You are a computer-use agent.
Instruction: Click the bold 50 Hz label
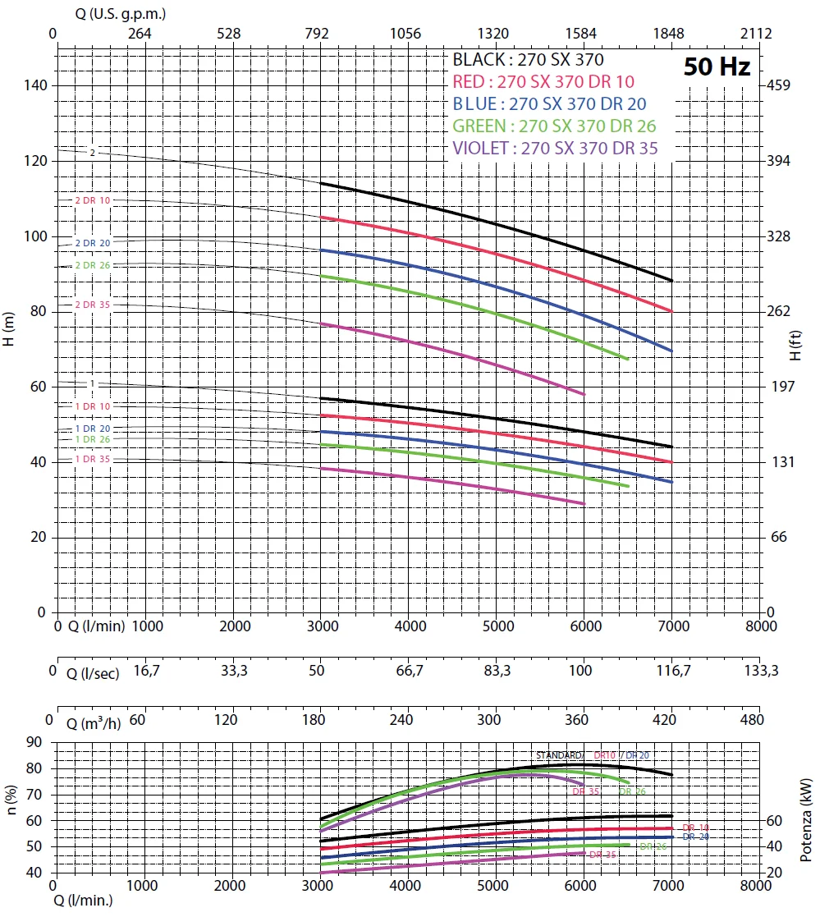(717, 67)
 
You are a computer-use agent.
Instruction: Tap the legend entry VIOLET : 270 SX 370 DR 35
(555, 149)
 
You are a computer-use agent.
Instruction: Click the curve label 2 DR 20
(92, 243)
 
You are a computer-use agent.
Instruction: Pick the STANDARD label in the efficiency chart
(559, 755)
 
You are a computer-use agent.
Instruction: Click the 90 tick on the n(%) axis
(34, 742)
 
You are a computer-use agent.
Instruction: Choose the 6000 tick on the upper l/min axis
(584, 626)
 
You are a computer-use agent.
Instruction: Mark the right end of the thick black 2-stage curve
(672, 281)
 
